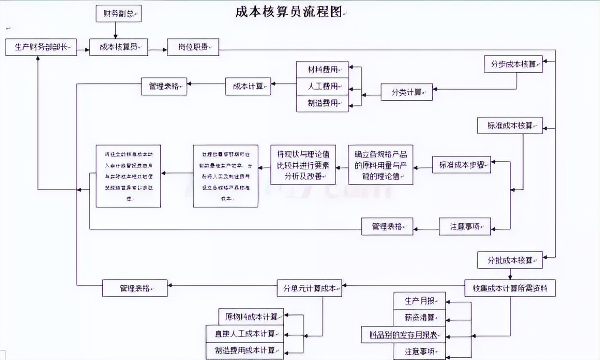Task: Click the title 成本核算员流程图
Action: (x=289, y=12)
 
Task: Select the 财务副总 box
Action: (x=118, y=14)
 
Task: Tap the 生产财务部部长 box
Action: (x=41, y=47)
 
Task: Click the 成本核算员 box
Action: (x=119, y=47)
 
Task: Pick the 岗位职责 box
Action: (x=193, y=47)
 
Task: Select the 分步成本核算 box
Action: (x=513, y=64)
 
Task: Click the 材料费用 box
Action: (x=322, y=69)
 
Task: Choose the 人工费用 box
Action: (x=322, y=86)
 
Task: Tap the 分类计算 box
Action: (x=406, y=92)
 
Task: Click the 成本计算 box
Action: (x=247, y=86)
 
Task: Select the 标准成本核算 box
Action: (x=510, y=126)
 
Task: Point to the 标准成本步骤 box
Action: (x=461, y=165)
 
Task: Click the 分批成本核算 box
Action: (x=510, y=260)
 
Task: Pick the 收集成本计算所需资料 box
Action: (x=510, y=288)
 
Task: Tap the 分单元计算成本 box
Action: (x=309, y=288)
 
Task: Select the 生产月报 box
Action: (x=419, y=300)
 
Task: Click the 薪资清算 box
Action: (x=419, y=318)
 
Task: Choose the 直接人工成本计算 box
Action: (x=245, y=334)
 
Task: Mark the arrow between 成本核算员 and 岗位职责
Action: (x=157, y=48)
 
